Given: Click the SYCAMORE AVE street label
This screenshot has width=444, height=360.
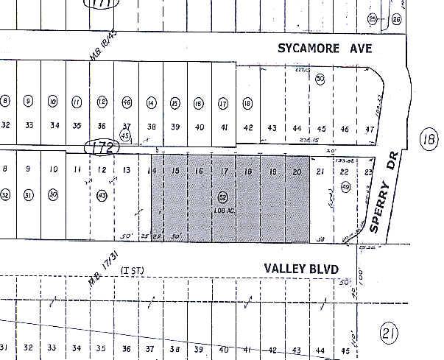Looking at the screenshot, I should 325,49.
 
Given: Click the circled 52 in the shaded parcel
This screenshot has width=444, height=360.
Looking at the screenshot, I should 222,197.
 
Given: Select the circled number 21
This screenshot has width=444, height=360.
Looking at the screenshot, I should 389,333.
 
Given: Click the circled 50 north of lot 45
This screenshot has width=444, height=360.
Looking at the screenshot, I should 320,79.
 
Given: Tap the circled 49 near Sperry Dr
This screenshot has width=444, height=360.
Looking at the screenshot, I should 345,188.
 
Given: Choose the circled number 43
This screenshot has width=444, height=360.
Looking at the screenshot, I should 102,195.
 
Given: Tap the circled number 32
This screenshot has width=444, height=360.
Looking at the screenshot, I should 5,195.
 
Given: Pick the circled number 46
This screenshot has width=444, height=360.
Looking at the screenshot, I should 127,104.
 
